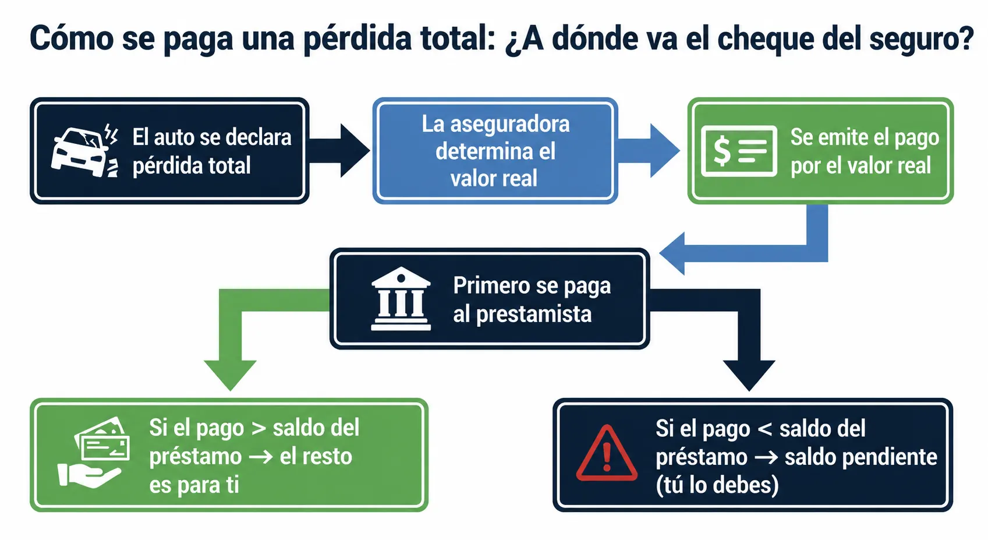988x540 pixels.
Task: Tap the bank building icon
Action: click(x=401, y=299)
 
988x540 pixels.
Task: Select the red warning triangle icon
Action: click(x=607, y=453)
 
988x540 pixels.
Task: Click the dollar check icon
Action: click(x=739, y=151)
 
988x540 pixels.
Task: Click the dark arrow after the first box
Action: click(x=339, y=151)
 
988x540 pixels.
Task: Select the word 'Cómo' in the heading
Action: click(x=72, y=38)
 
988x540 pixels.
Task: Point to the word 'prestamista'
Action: click(x=534, y=315)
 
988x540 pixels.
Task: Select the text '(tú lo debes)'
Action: click(x=717, y=485)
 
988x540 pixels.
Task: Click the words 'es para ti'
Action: click(x=194, y=485)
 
